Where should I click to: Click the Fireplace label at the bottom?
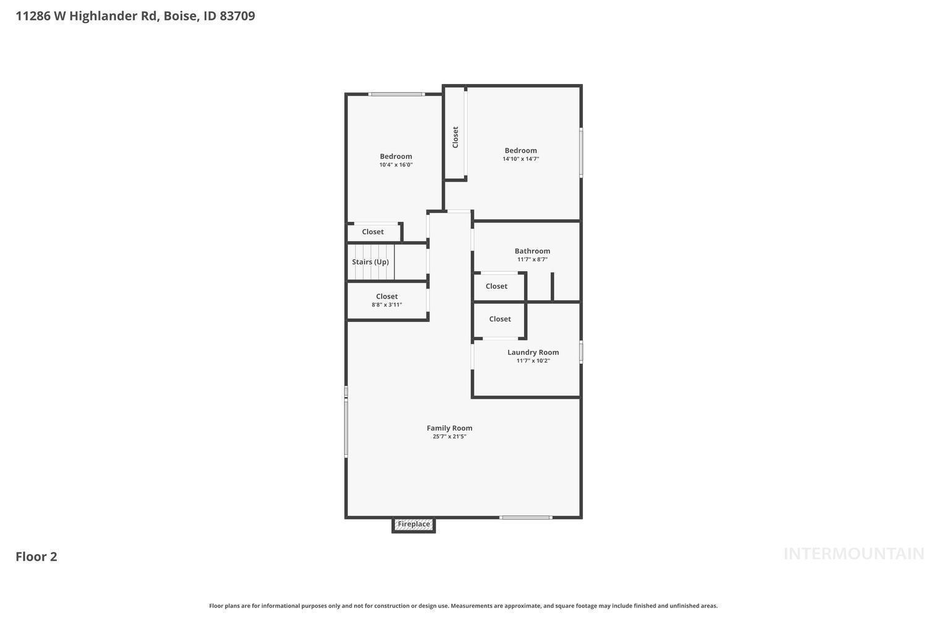[414, 524]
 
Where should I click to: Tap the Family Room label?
[449, 428]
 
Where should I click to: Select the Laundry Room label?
[533, 352]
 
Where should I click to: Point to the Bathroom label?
[532, 251]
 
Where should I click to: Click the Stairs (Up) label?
[370, 262]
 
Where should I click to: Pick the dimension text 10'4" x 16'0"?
[396, 165]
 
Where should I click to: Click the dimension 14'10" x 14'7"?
[520, 159]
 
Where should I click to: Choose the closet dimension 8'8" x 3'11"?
[386, 305]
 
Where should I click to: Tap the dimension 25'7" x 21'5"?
[449, 436]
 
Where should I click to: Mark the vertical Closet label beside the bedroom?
[455, 137]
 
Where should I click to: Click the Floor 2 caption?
[36, 556]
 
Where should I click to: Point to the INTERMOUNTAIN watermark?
[854, 554]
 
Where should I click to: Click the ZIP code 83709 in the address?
[237, 15]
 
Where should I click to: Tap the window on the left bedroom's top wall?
[396, 95]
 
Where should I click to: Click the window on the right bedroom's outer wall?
[581, 153]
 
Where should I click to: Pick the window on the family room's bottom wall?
[525, 517]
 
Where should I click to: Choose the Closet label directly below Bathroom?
[496, 286]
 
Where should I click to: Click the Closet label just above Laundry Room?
[500, 319]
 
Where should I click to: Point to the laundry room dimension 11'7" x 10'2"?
[533, 360]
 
